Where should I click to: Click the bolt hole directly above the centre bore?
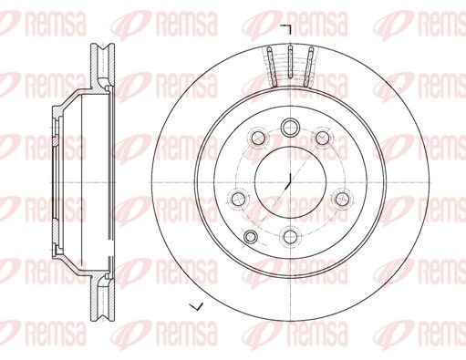click(x=289, y=126)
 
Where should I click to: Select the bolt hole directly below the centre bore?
click(x=289, y=238)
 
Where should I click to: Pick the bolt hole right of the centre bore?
click(x=341, y=197)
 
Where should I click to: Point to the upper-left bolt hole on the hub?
click(x=258, y=139)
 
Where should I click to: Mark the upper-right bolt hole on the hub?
click(x=322, y=137)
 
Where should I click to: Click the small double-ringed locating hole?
click(x=249, y=238)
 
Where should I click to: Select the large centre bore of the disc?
click(x=289, y=179)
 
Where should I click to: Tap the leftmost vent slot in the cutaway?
click(x=273, y=67)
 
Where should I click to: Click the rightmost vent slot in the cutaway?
click(x=308, y=67)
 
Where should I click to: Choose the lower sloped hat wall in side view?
click(x=73, y=258)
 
